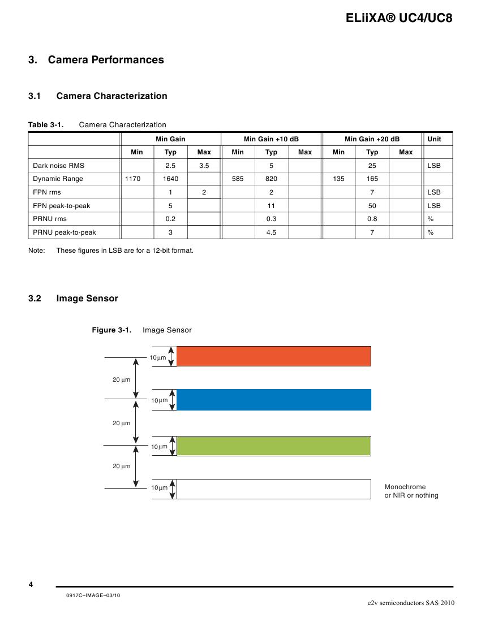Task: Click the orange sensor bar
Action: [274, 356]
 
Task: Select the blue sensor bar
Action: [274, 399]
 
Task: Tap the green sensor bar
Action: [274, 446]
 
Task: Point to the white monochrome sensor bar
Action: [274, 489]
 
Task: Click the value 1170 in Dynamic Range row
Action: [137, 179]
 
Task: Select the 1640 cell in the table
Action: [170, 179]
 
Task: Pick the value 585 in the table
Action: [238, 179]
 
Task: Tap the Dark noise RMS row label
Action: [58, 166]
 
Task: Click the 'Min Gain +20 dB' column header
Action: [372, 139]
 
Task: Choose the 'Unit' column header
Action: [435, 139]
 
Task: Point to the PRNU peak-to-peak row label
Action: [65, 232]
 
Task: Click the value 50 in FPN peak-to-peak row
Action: [372, 206]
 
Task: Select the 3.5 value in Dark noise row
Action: [204, 166]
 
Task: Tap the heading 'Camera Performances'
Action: [106, 60]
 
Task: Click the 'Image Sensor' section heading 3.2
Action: [87, 299]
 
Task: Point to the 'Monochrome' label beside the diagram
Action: [405, 487]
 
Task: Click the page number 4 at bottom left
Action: [31, 584]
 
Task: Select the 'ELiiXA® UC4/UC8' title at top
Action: [399, 18]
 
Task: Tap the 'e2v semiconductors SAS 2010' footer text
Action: [411, 603]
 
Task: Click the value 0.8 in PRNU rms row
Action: [372, 219]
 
